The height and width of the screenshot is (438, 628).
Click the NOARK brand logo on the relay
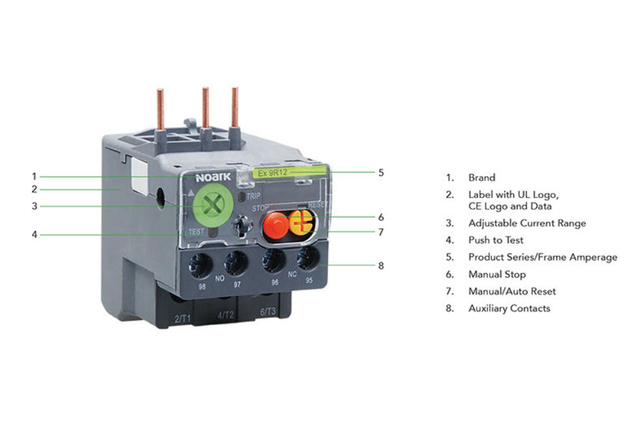213,177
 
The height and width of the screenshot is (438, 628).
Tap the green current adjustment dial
213,205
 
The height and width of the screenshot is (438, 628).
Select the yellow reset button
301,223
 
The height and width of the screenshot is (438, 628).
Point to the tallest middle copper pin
205,108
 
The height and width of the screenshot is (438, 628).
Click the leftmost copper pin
160,109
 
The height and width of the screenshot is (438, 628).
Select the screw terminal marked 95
308,257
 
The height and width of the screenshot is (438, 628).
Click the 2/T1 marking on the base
183,319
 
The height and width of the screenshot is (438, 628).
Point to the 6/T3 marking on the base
267,312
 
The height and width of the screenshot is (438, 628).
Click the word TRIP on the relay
254,196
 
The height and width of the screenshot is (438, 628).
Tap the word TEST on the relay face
196,231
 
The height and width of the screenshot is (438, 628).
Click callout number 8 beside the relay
381,265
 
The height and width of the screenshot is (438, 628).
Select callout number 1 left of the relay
35,176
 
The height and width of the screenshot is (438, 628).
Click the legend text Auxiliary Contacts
509,308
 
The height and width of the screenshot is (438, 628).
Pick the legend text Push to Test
496,241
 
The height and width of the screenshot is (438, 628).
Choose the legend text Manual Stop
497,274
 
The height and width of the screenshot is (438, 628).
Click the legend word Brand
482,177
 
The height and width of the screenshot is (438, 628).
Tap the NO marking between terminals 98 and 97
220,278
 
